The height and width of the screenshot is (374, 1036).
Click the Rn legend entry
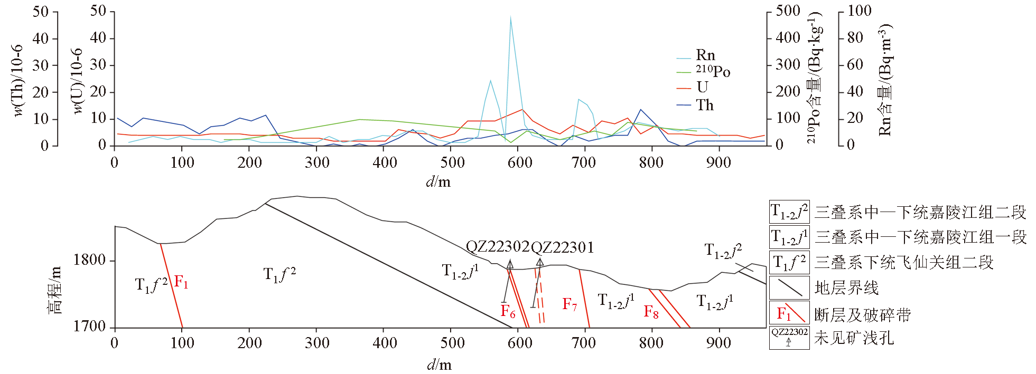coord(705,55)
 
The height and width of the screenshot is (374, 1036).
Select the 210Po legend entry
coord(713,71)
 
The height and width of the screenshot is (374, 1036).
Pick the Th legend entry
coord(704,105)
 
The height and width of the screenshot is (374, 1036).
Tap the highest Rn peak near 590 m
coord(510,17)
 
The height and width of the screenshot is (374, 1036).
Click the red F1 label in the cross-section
coord(181,282)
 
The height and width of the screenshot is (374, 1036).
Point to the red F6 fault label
coord(508,311)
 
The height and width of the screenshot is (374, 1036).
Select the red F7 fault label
coord(570,304)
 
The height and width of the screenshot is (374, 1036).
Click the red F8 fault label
coord(651,312)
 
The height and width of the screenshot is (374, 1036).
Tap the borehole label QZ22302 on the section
coord(497,246)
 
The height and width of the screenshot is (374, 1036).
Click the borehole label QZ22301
coord(562,247)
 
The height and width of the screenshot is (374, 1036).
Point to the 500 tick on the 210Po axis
coord(788,11)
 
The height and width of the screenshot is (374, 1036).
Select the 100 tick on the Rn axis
coord(859,11)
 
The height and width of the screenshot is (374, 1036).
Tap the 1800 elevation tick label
coord(89,260)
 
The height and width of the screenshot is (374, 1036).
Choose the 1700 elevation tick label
coord(89,327)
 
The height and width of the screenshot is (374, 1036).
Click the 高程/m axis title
coord(55,290)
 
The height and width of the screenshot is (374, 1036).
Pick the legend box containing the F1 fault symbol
coord(789,313)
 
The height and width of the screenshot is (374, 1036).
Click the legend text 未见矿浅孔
coord(854,338)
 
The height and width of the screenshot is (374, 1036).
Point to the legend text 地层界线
coord(846,288)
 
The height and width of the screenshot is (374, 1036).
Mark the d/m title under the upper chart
coord(438,182)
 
